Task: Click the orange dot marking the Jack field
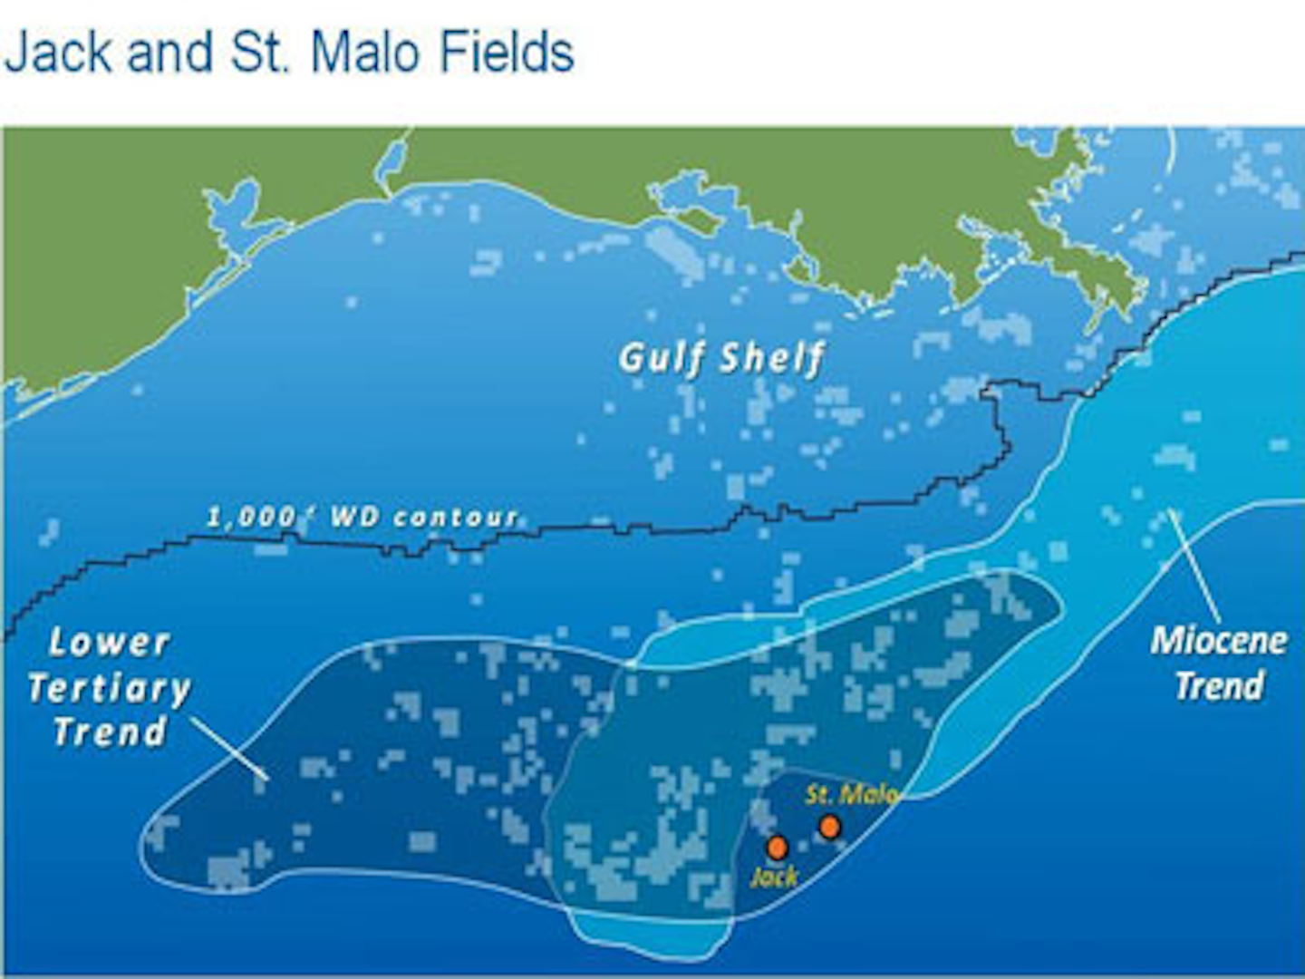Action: pyautogui.click(x=777, y=848)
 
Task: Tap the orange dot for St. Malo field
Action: pyautogui.click(x=829, y=827)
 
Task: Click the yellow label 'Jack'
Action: pyautogui.click(x=774, y=877)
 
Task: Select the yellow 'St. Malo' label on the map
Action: pyautogui.click(x=851, y=795)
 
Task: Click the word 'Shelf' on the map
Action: pyautogui.click(x=772, y=359)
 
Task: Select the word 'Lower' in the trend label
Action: pyautogui.click(x=110, y=643)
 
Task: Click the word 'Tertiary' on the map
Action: pyautogui.click(x=110, y=689)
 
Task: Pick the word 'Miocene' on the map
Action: pyautogui.click(x=1219, y=641)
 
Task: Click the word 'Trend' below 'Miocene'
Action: pyautogui.click(x=1220, y=685)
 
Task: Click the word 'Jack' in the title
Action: pyautogui.click(x=60, y=52)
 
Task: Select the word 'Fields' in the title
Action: pyautogui.click(x=507, y=52)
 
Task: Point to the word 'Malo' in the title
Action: pyautogui.click(x=367, y=52)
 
